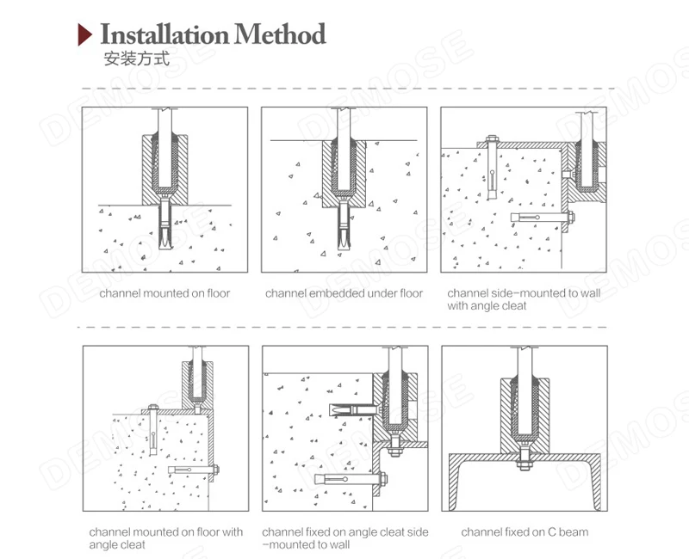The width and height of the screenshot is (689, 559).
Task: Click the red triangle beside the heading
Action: pyautogui.click(x=84, y=34)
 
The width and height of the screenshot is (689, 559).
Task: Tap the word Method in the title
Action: pyautogui.click(x=280, y=34)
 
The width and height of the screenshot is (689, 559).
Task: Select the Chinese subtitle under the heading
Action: pyautogui.click(x=137, y=58)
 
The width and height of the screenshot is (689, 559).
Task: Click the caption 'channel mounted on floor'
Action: pyautogui.click(x=164, y=293)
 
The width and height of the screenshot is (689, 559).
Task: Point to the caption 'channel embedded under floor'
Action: pyautogui.click(x=344, y=293)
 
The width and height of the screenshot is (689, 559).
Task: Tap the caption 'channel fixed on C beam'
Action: pyautogui.click(x=525, y=532)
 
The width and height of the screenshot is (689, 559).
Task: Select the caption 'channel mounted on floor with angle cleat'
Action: pyautogui.click(x=165, y=538)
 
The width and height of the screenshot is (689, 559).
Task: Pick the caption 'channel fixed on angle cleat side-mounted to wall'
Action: pyautogui.click(x=345, y=538)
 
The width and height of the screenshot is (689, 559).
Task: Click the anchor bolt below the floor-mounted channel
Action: pyautogui.click(x=164, y=223)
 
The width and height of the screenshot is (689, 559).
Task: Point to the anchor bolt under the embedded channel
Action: pyautogui.click(x=344, y=225)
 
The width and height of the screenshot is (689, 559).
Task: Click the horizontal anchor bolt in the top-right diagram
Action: pyautogui.click(x=543, y=217)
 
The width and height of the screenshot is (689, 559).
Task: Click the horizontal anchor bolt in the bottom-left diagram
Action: pyautogui.click(x=193, y=470)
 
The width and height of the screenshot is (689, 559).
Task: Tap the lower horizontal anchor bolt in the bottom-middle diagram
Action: pyautogui.click(x=351, y=479)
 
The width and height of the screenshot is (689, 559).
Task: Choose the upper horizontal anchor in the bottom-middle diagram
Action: pyautogui.click(x=352, y=410)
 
